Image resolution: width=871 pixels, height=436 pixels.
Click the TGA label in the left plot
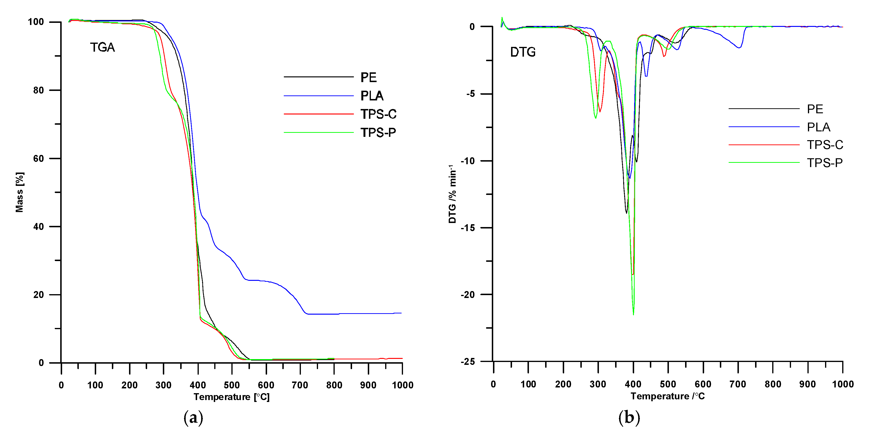102,47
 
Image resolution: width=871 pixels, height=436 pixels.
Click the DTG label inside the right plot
523,52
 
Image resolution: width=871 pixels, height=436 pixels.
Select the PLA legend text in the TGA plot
372,96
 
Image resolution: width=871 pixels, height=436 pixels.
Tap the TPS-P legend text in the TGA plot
378,133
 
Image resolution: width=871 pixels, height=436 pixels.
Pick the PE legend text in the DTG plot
815,109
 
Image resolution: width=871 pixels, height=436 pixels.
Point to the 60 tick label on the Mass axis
39,159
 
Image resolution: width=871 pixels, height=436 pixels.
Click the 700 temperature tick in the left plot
300,385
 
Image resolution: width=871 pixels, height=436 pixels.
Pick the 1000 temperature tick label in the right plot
843,384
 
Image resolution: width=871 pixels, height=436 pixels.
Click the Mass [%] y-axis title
20,192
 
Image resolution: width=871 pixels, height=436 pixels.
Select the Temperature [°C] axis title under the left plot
232,397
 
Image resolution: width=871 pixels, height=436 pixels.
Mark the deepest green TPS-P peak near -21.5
633,314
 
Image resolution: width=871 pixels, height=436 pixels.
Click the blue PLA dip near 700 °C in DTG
739,48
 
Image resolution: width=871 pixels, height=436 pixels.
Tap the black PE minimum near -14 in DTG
626,213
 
